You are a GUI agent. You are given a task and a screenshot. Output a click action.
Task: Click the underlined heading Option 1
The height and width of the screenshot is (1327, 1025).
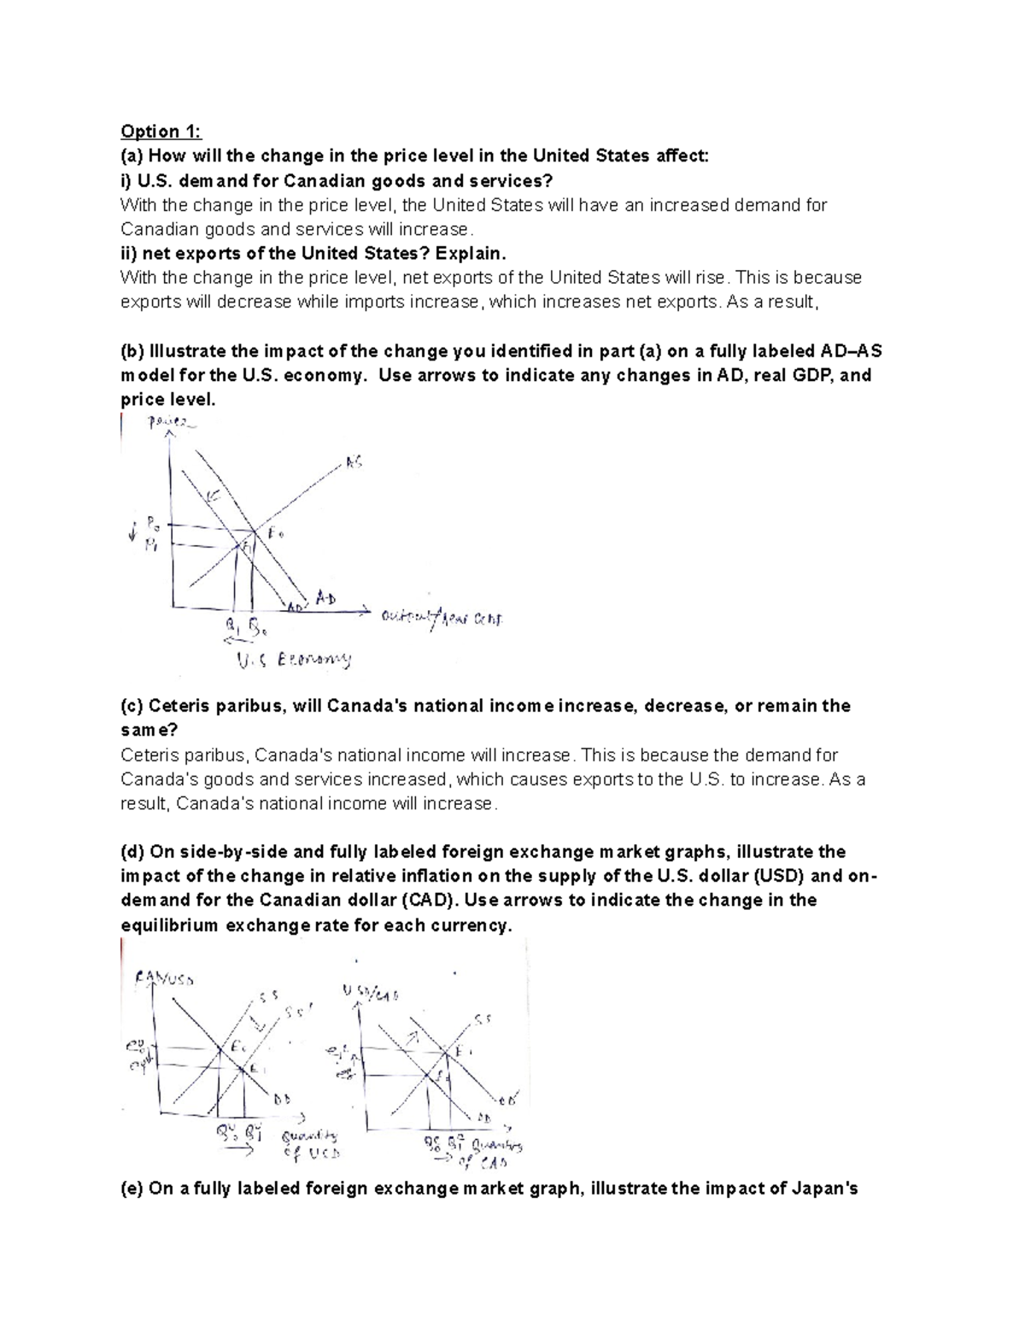(161, 131)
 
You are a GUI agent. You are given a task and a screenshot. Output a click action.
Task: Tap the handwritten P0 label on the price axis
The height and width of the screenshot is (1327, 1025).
(151, 521)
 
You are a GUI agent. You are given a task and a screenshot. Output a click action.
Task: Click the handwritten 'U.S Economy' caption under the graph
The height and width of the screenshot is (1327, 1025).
(295, 659)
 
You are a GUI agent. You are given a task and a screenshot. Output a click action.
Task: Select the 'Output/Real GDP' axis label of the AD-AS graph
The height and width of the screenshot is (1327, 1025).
(443, 617)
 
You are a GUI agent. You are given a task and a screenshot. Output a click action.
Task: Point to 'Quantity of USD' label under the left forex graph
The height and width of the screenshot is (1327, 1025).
(312, 1143)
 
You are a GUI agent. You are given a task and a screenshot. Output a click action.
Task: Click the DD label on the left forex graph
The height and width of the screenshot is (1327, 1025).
(282, 1099)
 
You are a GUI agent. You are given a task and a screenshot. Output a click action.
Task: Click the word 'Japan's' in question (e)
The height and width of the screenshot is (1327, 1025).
(828, 1189)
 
